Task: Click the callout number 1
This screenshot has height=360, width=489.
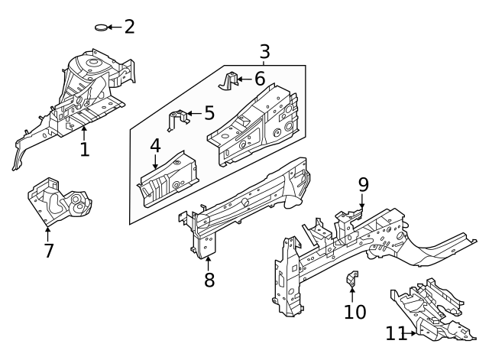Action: coord(84,149)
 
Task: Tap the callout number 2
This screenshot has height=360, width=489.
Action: coord(129,27)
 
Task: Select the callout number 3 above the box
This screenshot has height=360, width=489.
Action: coord(264,52)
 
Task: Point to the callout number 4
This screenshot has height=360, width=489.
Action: coord(155,145)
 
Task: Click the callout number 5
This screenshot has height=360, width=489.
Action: coord(209,115)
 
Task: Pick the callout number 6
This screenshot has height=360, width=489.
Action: coord(260,78)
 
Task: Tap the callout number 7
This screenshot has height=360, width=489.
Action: coord(49,250)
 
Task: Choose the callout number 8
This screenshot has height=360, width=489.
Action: coord(209,280)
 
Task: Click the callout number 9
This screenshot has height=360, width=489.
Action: coord(363,184)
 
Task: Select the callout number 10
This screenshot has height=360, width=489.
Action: coord(355,311)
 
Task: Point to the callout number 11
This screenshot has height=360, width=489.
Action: coord(394,333)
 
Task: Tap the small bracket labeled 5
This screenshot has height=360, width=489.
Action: coord(177,119)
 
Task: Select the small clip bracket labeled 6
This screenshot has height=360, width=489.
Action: coord(230,80)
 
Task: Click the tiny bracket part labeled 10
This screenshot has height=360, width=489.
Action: coord(354,279)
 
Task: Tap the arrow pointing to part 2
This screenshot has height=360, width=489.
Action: coord(114,28)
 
